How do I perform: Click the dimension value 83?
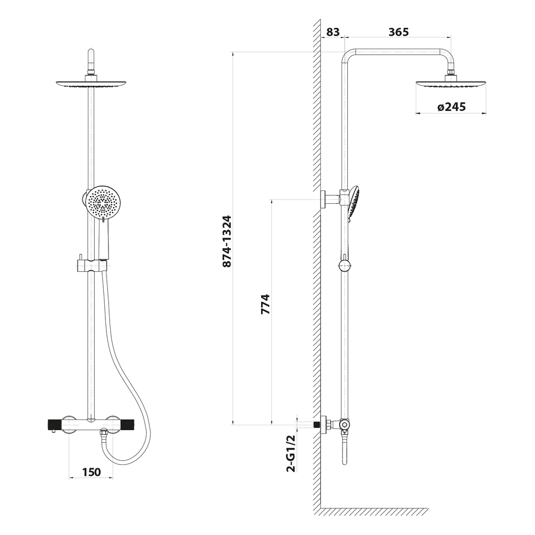(x=332, y=32)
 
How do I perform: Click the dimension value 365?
(x=399, y=32)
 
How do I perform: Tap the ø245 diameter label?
(x=451, y=107)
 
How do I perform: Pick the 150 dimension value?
(x=91, y=472)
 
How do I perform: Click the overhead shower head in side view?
(x=451, y=86)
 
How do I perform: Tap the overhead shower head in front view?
(x=91, y=83)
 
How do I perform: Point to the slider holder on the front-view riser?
(x=91, y=265)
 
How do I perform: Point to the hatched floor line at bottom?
(x=374, y=512)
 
